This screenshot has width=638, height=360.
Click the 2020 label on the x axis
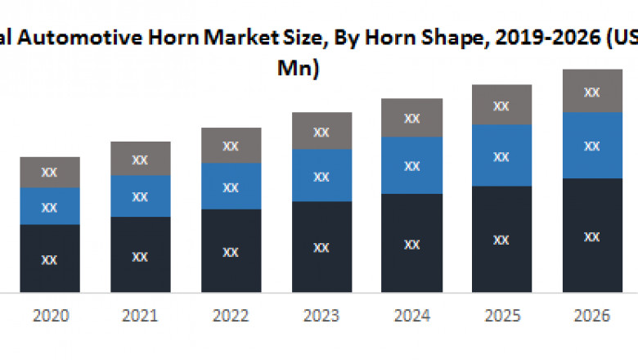pos(50,316)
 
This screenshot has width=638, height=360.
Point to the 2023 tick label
pos(321,316)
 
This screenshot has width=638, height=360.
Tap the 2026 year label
pos(592,316)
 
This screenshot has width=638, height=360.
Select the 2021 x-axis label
pos(141,316)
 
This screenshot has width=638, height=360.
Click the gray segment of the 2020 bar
pos(50,173)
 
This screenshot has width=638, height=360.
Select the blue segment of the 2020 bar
pos(50,206)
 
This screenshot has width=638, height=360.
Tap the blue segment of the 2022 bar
pos(231,187)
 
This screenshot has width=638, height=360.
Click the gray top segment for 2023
pos(322,131)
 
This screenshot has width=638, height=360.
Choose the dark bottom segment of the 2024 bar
pos(412,243)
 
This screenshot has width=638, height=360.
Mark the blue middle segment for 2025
pos(502,155)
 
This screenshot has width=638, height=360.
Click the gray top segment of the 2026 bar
pos(592,91)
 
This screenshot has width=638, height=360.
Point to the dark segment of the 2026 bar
pos(592,236)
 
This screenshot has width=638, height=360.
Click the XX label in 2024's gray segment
pos(412,119)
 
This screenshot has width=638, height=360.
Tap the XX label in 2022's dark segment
pos(231,252)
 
